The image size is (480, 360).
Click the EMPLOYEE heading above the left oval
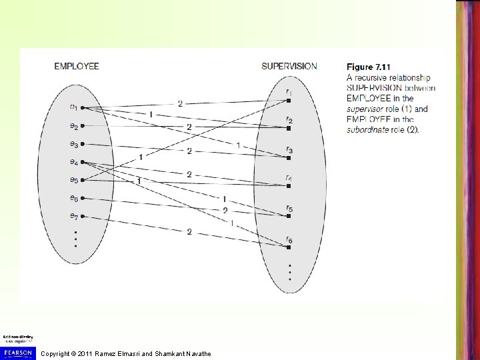click(x=77, y=66)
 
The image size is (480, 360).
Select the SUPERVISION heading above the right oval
click(x=289, y=66)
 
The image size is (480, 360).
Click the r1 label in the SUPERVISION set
click(x=288, y=91)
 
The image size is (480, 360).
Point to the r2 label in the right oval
click(x=288, y=120)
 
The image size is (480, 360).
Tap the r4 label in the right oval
click(x=288, y=177)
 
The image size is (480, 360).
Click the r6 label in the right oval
click(x=288, y=239)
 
